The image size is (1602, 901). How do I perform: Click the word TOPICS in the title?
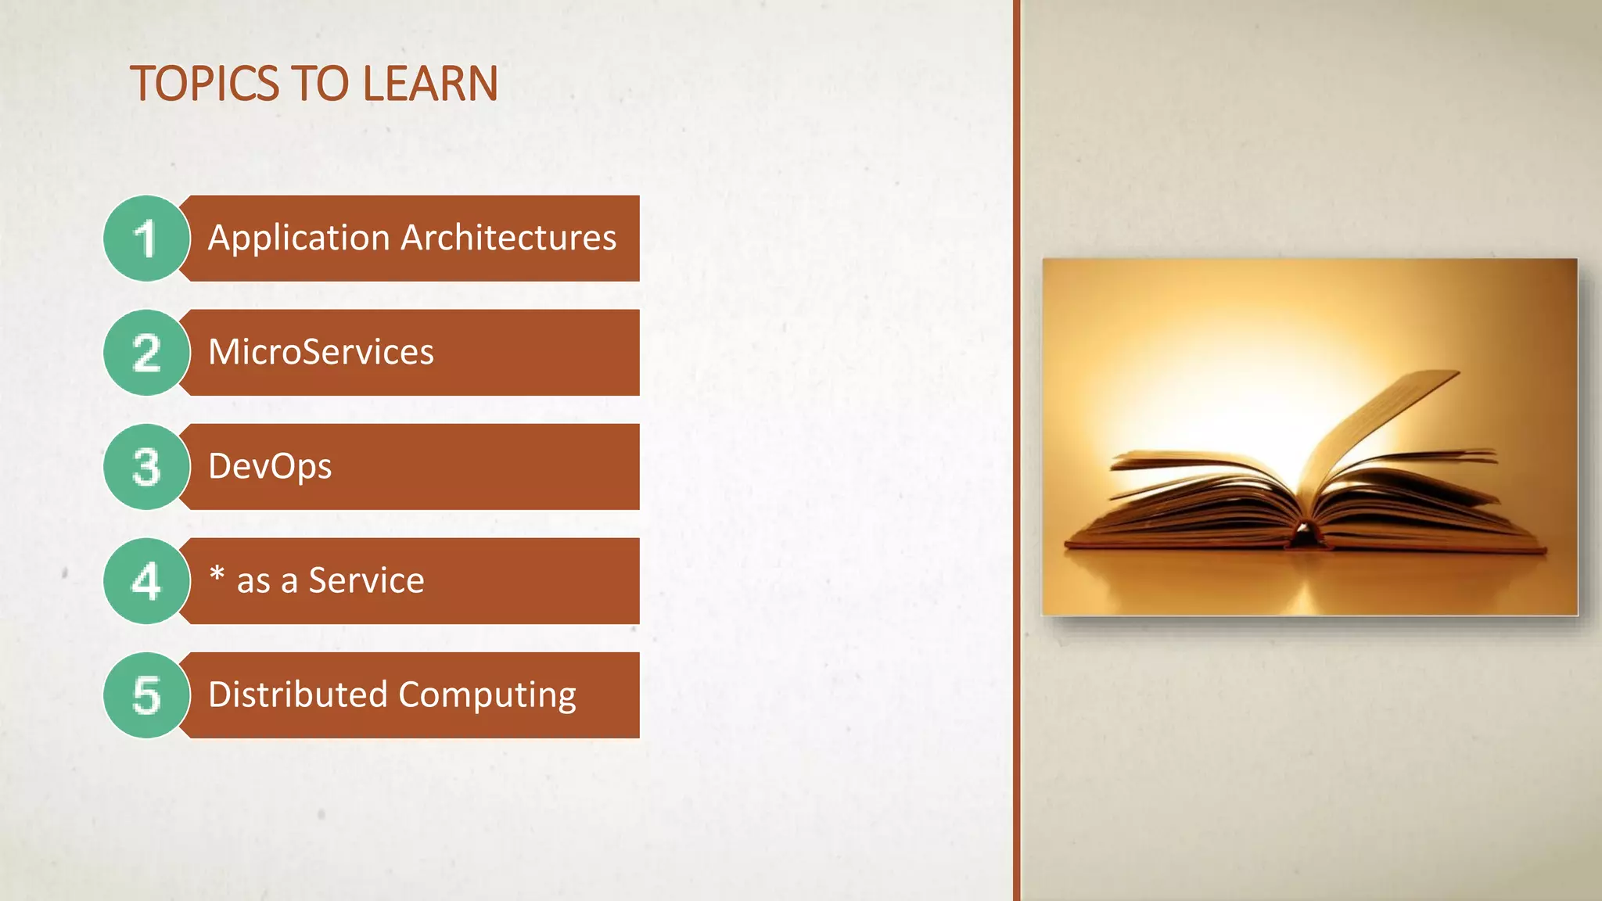coord(205,84)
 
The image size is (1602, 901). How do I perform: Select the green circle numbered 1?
coord(146,239)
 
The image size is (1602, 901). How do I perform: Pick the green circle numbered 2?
coord(146,353)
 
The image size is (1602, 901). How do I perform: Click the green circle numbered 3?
coord(146,467)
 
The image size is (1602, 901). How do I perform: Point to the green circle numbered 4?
coord(146,581)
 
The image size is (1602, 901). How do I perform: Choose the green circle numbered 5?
coord(146,695)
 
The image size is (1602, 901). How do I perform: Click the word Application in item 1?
coord(299,238)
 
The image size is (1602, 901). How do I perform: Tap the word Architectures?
coord(508,238)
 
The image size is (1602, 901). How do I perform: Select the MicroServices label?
coord(321,352)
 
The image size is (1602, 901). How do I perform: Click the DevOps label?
coord(270,467)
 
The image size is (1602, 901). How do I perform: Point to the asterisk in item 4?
coord(217,575)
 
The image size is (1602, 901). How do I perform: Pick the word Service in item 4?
coord(366,580)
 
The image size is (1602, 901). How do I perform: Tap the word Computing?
coord(487,695)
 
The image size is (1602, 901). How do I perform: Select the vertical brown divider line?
coord(1016,450)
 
